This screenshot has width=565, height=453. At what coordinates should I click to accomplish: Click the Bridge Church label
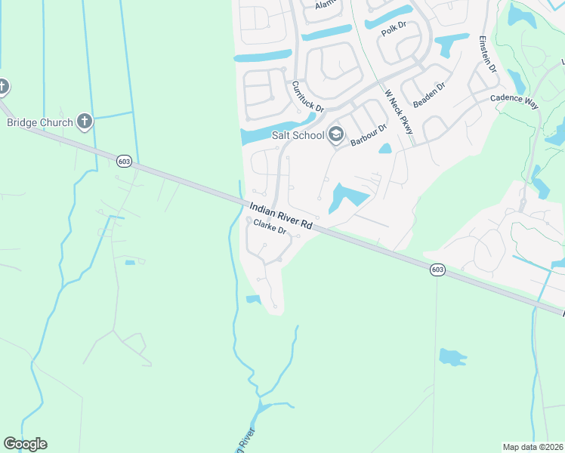pos(39,122)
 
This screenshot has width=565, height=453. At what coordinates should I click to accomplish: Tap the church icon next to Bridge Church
pos(85,121)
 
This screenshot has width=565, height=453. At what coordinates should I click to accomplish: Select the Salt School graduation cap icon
pos(336,135)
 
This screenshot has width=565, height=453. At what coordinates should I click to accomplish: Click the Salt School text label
pos(298,135)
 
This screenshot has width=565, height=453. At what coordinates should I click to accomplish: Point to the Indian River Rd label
pos(279,215)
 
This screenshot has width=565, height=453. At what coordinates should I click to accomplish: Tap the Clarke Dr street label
pos(270,226)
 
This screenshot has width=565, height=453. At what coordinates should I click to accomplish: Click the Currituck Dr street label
pos(307,97)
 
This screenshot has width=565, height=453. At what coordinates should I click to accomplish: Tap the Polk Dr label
pos(394,29)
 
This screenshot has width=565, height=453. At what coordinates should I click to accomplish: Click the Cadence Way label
pos(514,100)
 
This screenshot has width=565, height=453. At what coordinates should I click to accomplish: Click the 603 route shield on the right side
pos(438,270)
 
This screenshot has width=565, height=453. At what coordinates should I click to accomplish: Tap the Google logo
pos(25,444)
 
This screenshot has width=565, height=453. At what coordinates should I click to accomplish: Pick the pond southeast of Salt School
pos(347,197)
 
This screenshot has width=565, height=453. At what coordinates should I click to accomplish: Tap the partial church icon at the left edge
pos(3,86)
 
